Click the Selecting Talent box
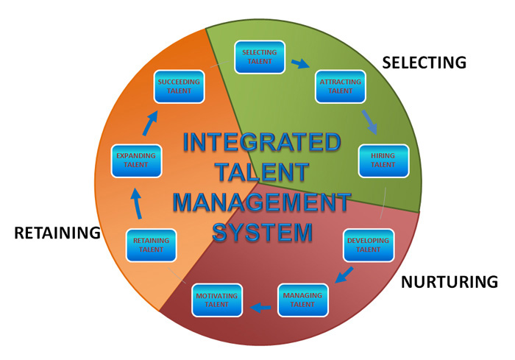pyautogui.click(x=260, y=57)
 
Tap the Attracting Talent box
pyautogui.click(x=341, y=87)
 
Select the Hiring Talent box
pyautogui.click(x=383, y=160)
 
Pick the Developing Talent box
pyautogui.click(x=368, y=245)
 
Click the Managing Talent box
pyautogui.click(x=302, y=300)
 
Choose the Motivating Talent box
pyautogui.click(x=217, y=300)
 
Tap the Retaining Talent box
pyautogui.click(x=152, y=245)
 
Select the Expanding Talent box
pyautogui.click(x=136, y=160)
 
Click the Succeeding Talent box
pyautogui.click(x=180, y=87)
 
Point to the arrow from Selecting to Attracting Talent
pyautogui.click(x=300, y=64)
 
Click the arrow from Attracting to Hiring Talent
pyautogui.click(x=369, y=121)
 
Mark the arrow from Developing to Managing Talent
pyautogui.click(x=343, y=275)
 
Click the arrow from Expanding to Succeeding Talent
pyautogui.click(x=150, y=124)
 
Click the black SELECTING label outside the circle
pyautogui.click(x=425, y=63)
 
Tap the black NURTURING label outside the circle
pyautogui.click(x=450, y=282)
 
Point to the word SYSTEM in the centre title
pyautogui.click(x=262, y=232)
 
